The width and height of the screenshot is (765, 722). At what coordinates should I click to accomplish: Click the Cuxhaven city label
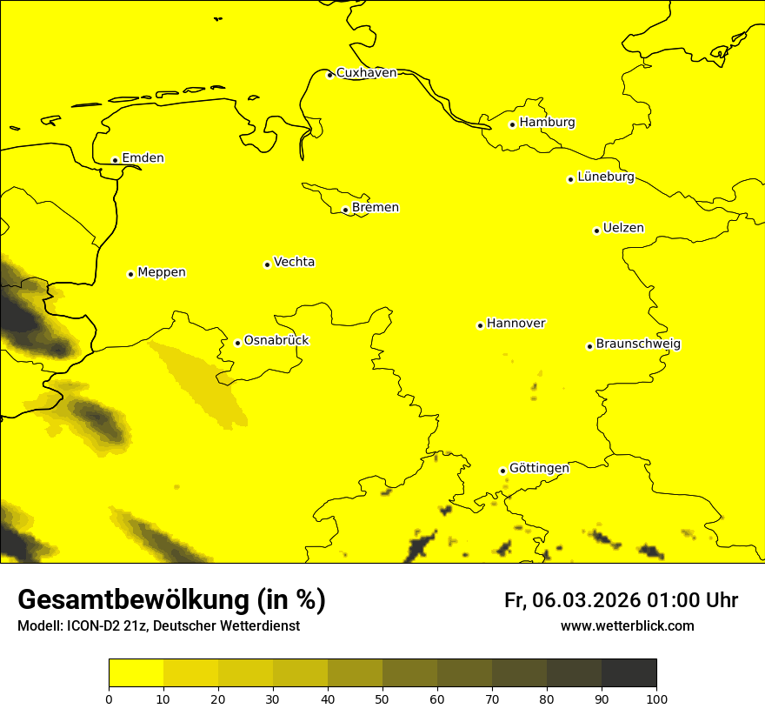(x=366, y=73)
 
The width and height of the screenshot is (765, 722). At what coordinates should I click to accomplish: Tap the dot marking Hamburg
(x=513, y=124)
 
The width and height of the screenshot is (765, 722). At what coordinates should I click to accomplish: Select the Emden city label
(x=143, y=158)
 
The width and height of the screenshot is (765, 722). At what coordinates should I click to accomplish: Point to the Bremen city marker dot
(x=345, y=210)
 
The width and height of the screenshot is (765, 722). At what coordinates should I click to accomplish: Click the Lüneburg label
(x=605, y=177)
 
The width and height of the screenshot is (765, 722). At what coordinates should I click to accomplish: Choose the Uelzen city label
(x=623, y=229)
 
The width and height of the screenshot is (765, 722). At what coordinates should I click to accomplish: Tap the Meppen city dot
(x=130, y=274)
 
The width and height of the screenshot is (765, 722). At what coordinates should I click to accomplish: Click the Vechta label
(x=294, y=262)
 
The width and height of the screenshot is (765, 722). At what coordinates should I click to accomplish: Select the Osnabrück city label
(x=276, y=341)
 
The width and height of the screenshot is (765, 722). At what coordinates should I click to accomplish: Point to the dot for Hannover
(x=480, y=326)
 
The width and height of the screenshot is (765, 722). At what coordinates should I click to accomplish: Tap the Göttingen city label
(x=539, y=469)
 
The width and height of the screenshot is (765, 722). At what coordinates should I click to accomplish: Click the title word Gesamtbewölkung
(x=131, y=600)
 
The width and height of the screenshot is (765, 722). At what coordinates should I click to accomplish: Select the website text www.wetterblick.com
(x=627, y=626)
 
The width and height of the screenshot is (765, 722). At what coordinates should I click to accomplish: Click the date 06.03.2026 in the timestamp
(x=587, y=600)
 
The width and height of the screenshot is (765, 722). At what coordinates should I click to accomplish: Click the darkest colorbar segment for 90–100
(x=629, y=672)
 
